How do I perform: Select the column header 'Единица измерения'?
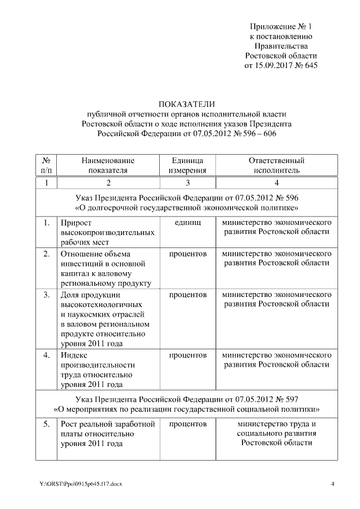point(187,165)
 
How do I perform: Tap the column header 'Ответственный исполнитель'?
point(276,165)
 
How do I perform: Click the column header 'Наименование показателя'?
point(108,165)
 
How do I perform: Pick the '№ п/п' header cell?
point(47,165)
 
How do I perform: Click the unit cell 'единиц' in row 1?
point(187,223)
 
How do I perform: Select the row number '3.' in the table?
point(47,294)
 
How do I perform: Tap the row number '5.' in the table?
point(47,424)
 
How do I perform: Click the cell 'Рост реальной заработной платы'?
point(107,433)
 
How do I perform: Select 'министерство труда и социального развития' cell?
point(276,433)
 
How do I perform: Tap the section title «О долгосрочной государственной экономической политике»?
point(186,208)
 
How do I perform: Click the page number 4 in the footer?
point(332,484)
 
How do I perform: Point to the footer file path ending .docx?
point(80,484)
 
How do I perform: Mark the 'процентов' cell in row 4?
point(187,356)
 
